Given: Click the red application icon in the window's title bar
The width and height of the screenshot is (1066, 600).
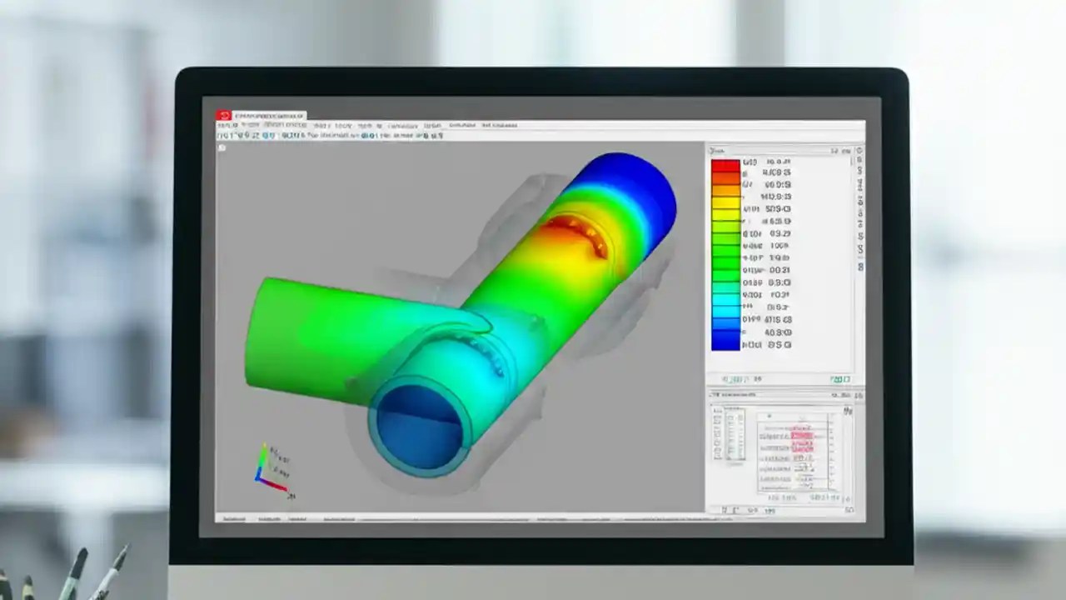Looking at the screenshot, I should click(223, 116).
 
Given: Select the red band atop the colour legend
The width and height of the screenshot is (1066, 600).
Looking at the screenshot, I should click(725, 165).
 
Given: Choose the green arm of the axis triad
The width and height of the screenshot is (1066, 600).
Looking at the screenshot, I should click(262, 460).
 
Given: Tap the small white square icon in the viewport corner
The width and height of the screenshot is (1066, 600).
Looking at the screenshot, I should click(222, 147).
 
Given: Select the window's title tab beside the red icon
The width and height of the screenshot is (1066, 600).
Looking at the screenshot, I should click(270, 116).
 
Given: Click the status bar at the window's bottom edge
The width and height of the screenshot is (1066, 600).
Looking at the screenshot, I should click(458, 518).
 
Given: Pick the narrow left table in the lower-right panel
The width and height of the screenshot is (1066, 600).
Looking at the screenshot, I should click(728, 433).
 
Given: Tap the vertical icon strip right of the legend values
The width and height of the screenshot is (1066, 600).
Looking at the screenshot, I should click(859, 208).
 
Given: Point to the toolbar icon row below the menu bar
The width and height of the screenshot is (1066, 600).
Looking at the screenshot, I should click(333, 133).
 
